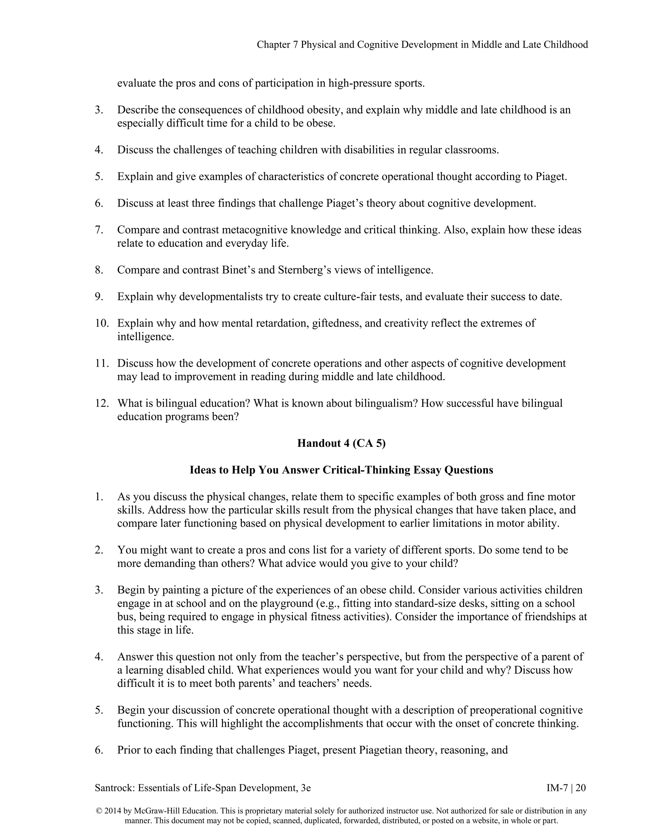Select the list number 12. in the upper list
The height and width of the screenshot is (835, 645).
coord(102,403)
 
